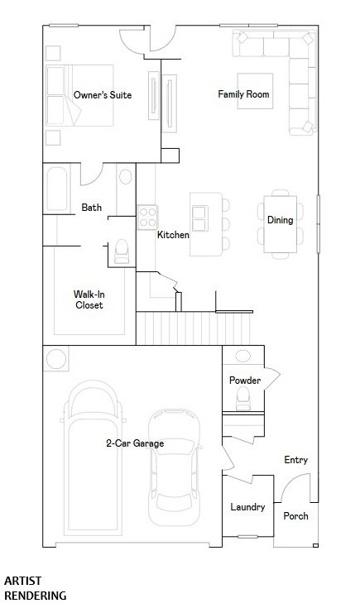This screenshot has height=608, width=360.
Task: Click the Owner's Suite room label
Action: (103, 95)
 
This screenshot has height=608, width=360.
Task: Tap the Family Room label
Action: (243, 93)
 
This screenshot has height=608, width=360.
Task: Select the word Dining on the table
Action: (280, 220)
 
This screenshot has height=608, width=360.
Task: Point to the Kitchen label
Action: (173, 235)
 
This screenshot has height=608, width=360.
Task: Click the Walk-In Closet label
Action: (89, 299)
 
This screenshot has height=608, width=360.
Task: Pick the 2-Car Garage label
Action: (135, 443)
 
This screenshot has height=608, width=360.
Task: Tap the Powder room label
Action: (245, 380)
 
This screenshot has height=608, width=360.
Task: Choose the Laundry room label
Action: (247, 507)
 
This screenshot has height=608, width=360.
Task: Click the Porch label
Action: (295, 516)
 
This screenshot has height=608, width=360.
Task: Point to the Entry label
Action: (296, 460)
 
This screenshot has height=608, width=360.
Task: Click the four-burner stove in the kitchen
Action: (147, 217)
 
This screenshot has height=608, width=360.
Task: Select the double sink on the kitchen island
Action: (200, 218)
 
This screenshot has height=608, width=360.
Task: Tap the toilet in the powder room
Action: (243, 398)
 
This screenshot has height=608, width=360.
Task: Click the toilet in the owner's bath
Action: (122, 252)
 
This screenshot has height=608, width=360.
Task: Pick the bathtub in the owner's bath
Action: (57, 189)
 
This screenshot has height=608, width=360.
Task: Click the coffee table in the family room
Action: (255, 91)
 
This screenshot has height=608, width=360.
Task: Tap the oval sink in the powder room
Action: (242, 356)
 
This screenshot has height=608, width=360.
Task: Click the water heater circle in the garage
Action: (56, 359)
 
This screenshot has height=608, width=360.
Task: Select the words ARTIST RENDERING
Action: (36, 588)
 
